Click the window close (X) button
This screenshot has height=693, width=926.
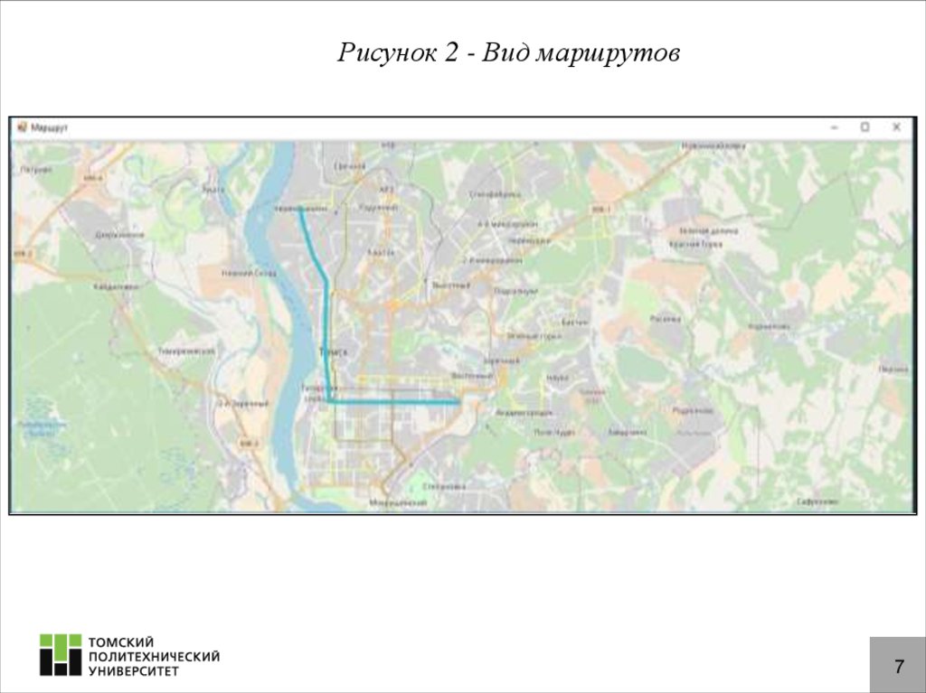click(x=895, y=127)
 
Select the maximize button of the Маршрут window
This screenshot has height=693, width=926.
click(x=865, y=127)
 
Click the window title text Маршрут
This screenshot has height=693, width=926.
click(x=50, y=128)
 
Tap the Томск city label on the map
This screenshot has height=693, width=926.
click(x=334, y=352)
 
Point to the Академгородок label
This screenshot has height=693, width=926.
click(x=524, y=412)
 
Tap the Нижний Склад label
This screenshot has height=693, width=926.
click(x=249, y=271)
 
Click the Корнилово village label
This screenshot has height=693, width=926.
click(x=769, y=325)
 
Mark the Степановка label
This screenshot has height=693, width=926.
click(x=443, y=486)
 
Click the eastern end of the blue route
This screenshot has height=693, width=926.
click(x=458, y=400)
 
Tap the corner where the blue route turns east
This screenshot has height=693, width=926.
click(x=331, y=399)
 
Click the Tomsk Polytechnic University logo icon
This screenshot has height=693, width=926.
click(x=60, y=655)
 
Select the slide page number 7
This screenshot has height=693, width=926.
click(x=898, y=668)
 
